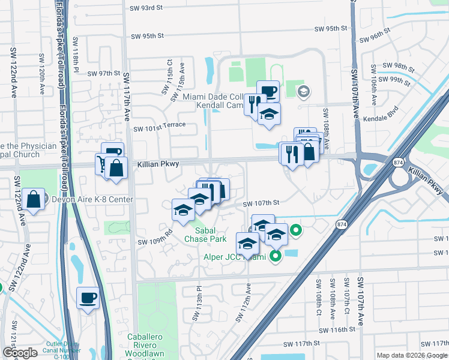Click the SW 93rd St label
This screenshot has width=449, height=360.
(146, 8)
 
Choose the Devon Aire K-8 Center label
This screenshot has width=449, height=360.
(92, 199)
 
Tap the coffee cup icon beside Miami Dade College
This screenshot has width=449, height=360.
(268, 91)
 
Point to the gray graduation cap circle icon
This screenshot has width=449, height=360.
(304, 92)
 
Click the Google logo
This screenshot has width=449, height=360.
(20, 353)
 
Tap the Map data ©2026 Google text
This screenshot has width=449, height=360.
(412, 355)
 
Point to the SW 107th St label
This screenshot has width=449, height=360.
(261, 203)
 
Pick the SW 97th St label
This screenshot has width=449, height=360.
(104, 73)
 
